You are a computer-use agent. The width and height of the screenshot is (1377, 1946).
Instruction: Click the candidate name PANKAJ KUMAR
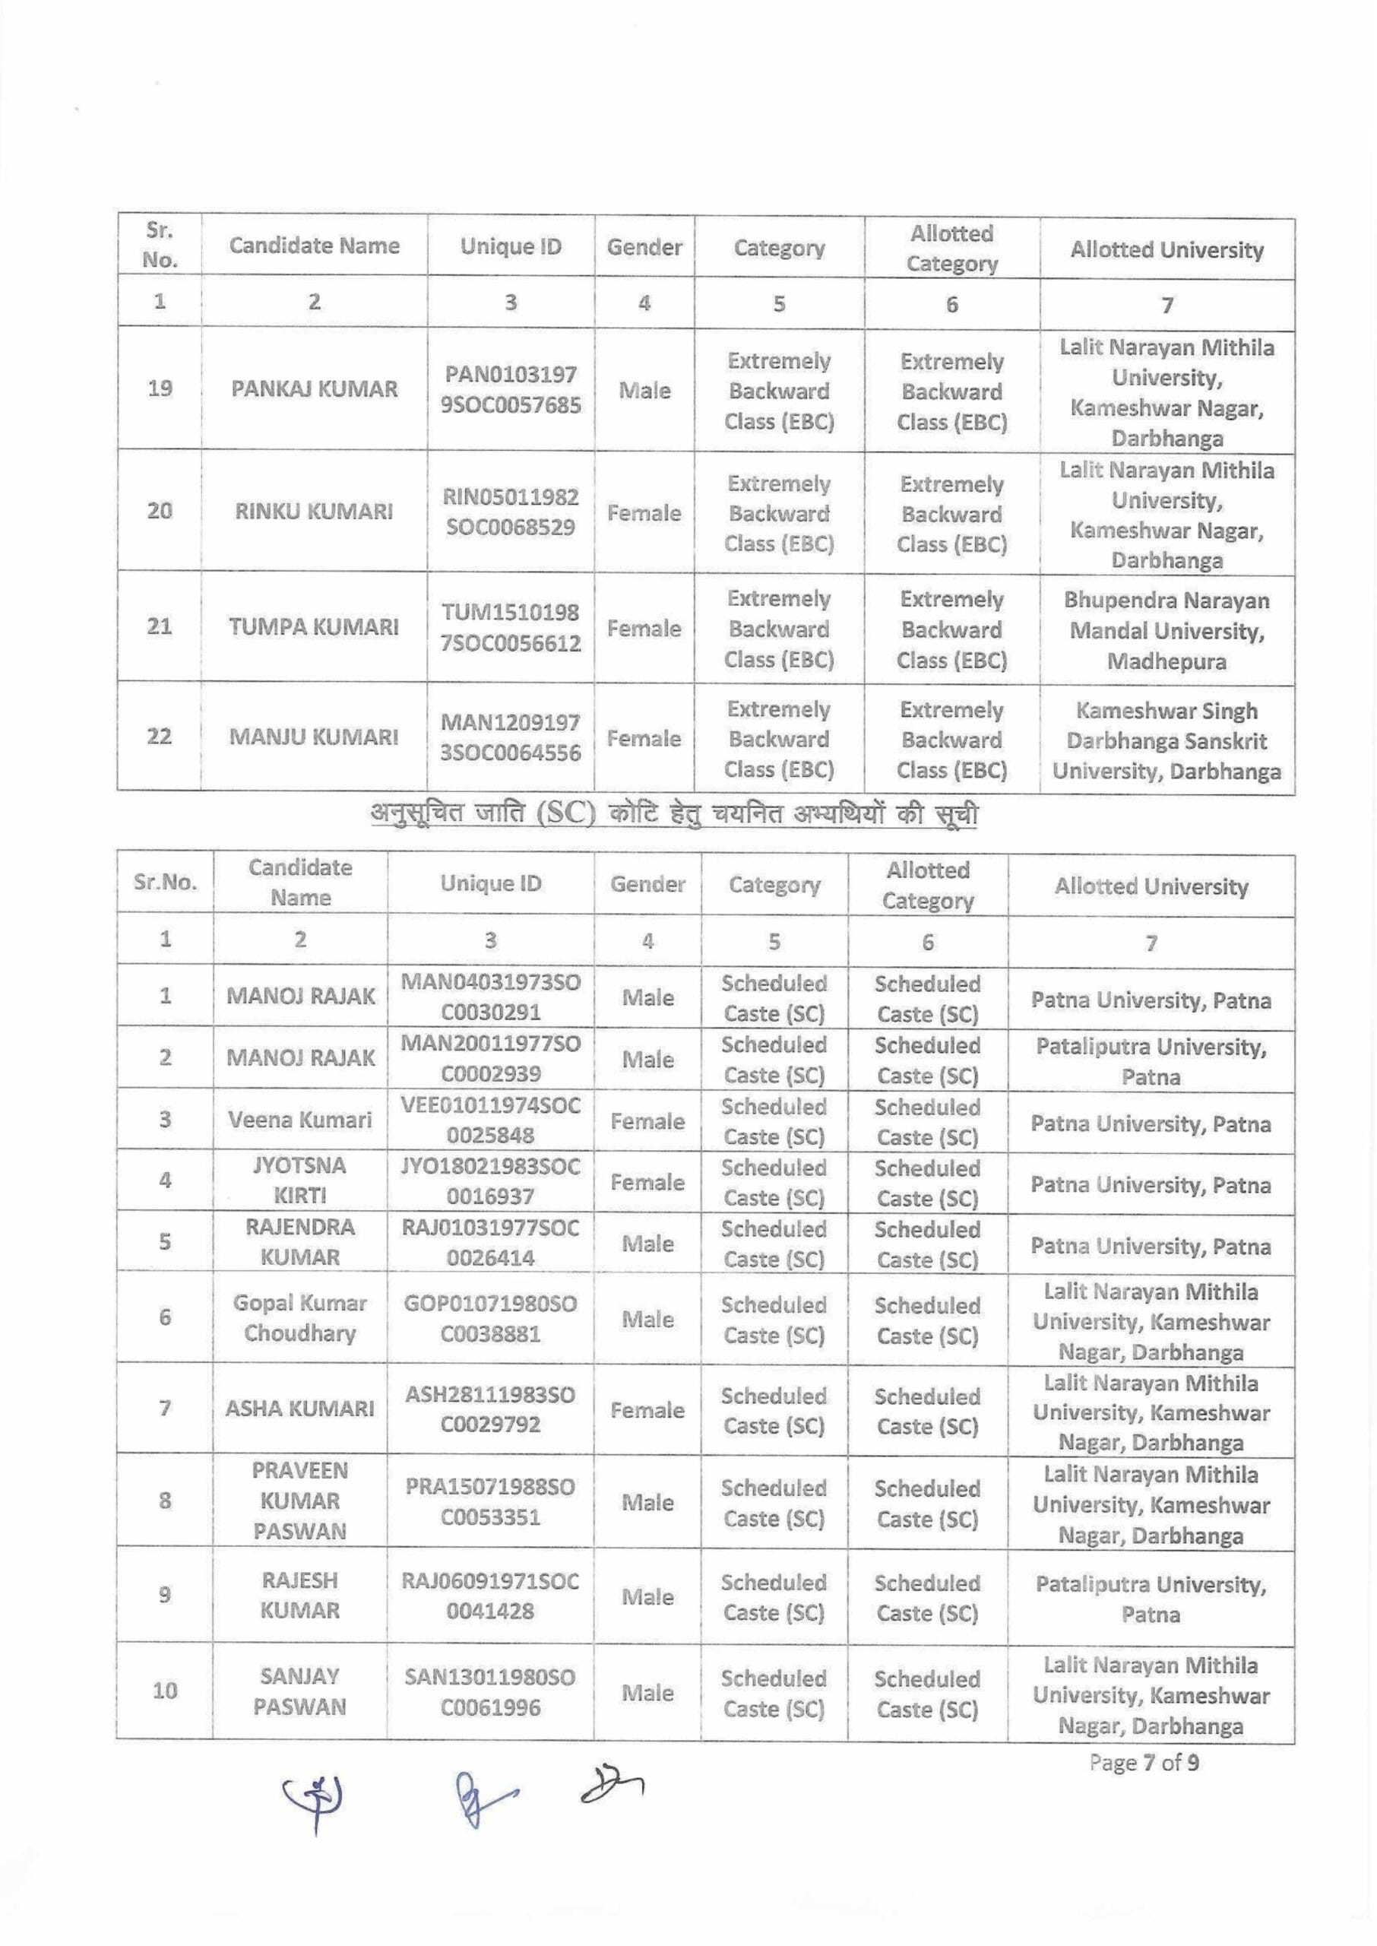pyautogui.click(x=314, y=389)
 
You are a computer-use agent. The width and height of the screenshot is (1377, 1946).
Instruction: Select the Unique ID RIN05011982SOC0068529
pyautogui.click(x=511, y=512)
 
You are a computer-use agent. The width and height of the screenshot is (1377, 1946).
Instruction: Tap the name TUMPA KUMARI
pyautogui.click(x=314, y=627)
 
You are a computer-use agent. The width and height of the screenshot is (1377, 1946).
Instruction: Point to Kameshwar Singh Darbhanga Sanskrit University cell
pyautogui.click(x=1166, y=741)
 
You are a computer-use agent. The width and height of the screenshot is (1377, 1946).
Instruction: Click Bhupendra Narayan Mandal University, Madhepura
pyautogui.click(x=1166, y=631)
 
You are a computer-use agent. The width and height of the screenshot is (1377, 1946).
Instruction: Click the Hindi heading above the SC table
pyautogui.click(x=674, y=815)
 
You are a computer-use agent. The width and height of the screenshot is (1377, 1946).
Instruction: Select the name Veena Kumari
pyautogui.click(x=300, y=1120)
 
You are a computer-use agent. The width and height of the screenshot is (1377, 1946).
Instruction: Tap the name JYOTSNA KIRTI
pyautogui.click(x=300, y=1181)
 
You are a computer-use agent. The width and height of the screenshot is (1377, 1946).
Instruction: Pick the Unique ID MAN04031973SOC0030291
pyautogui.click(x=491, y=997)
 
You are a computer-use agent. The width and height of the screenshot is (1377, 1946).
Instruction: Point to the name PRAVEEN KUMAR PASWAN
pyautogui.click(x=300, y=1501)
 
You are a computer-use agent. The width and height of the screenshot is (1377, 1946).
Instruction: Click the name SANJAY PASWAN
pyautogui.click(x=300, y=1691)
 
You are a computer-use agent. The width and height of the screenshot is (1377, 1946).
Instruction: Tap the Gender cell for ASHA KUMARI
pyautogui.click(x=647, y=1410)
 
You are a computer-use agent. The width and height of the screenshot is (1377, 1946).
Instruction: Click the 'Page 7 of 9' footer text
pyautogui.click(x=1144, y=1763)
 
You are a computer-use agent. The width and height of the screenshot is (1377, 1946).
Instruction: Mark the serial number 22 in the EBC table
pyautogui.click(x=160, y=736)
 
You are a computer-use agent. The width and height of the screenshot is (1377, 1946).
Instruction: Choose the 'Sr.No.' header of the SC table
pyautogui.click(x=166, y=882)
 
